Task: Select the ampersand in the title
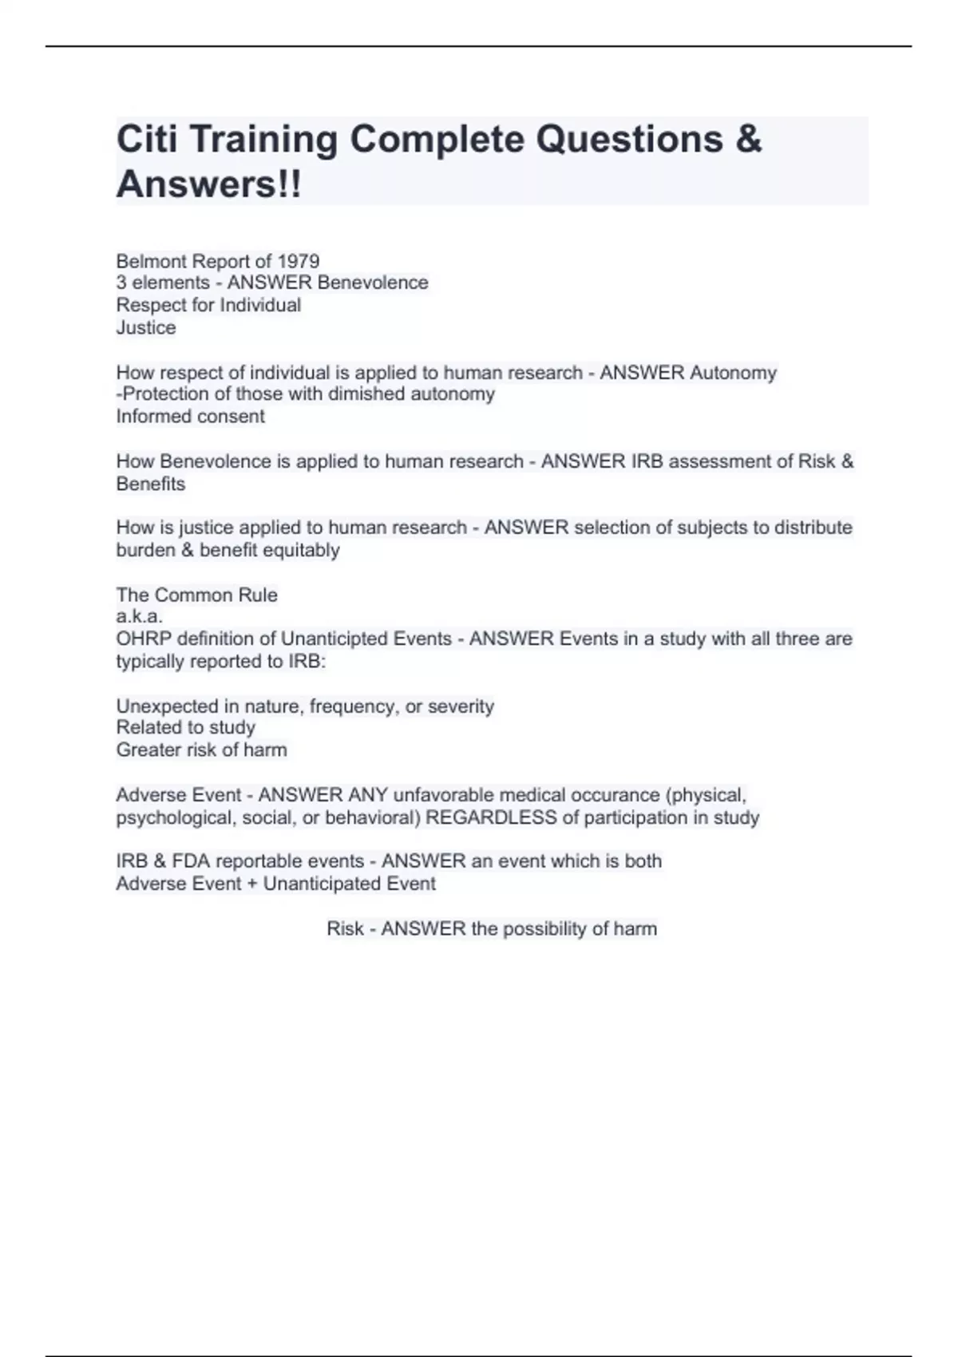pos(748,140)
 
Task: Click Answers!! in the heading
pos(209,184)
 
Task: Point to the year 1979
pos(299,261)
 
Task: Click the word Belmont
pos(151,261)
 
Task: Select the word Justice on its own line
pos(146,327)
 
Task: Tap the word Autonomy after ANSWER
pos(733,373)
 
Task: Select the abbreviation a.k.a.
pos(139,616)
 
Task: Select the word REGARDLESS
pos(491,817)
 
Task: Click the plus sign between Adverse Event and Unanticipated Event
pos(252,884)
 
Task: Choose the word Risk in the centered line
pos(344,928)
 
